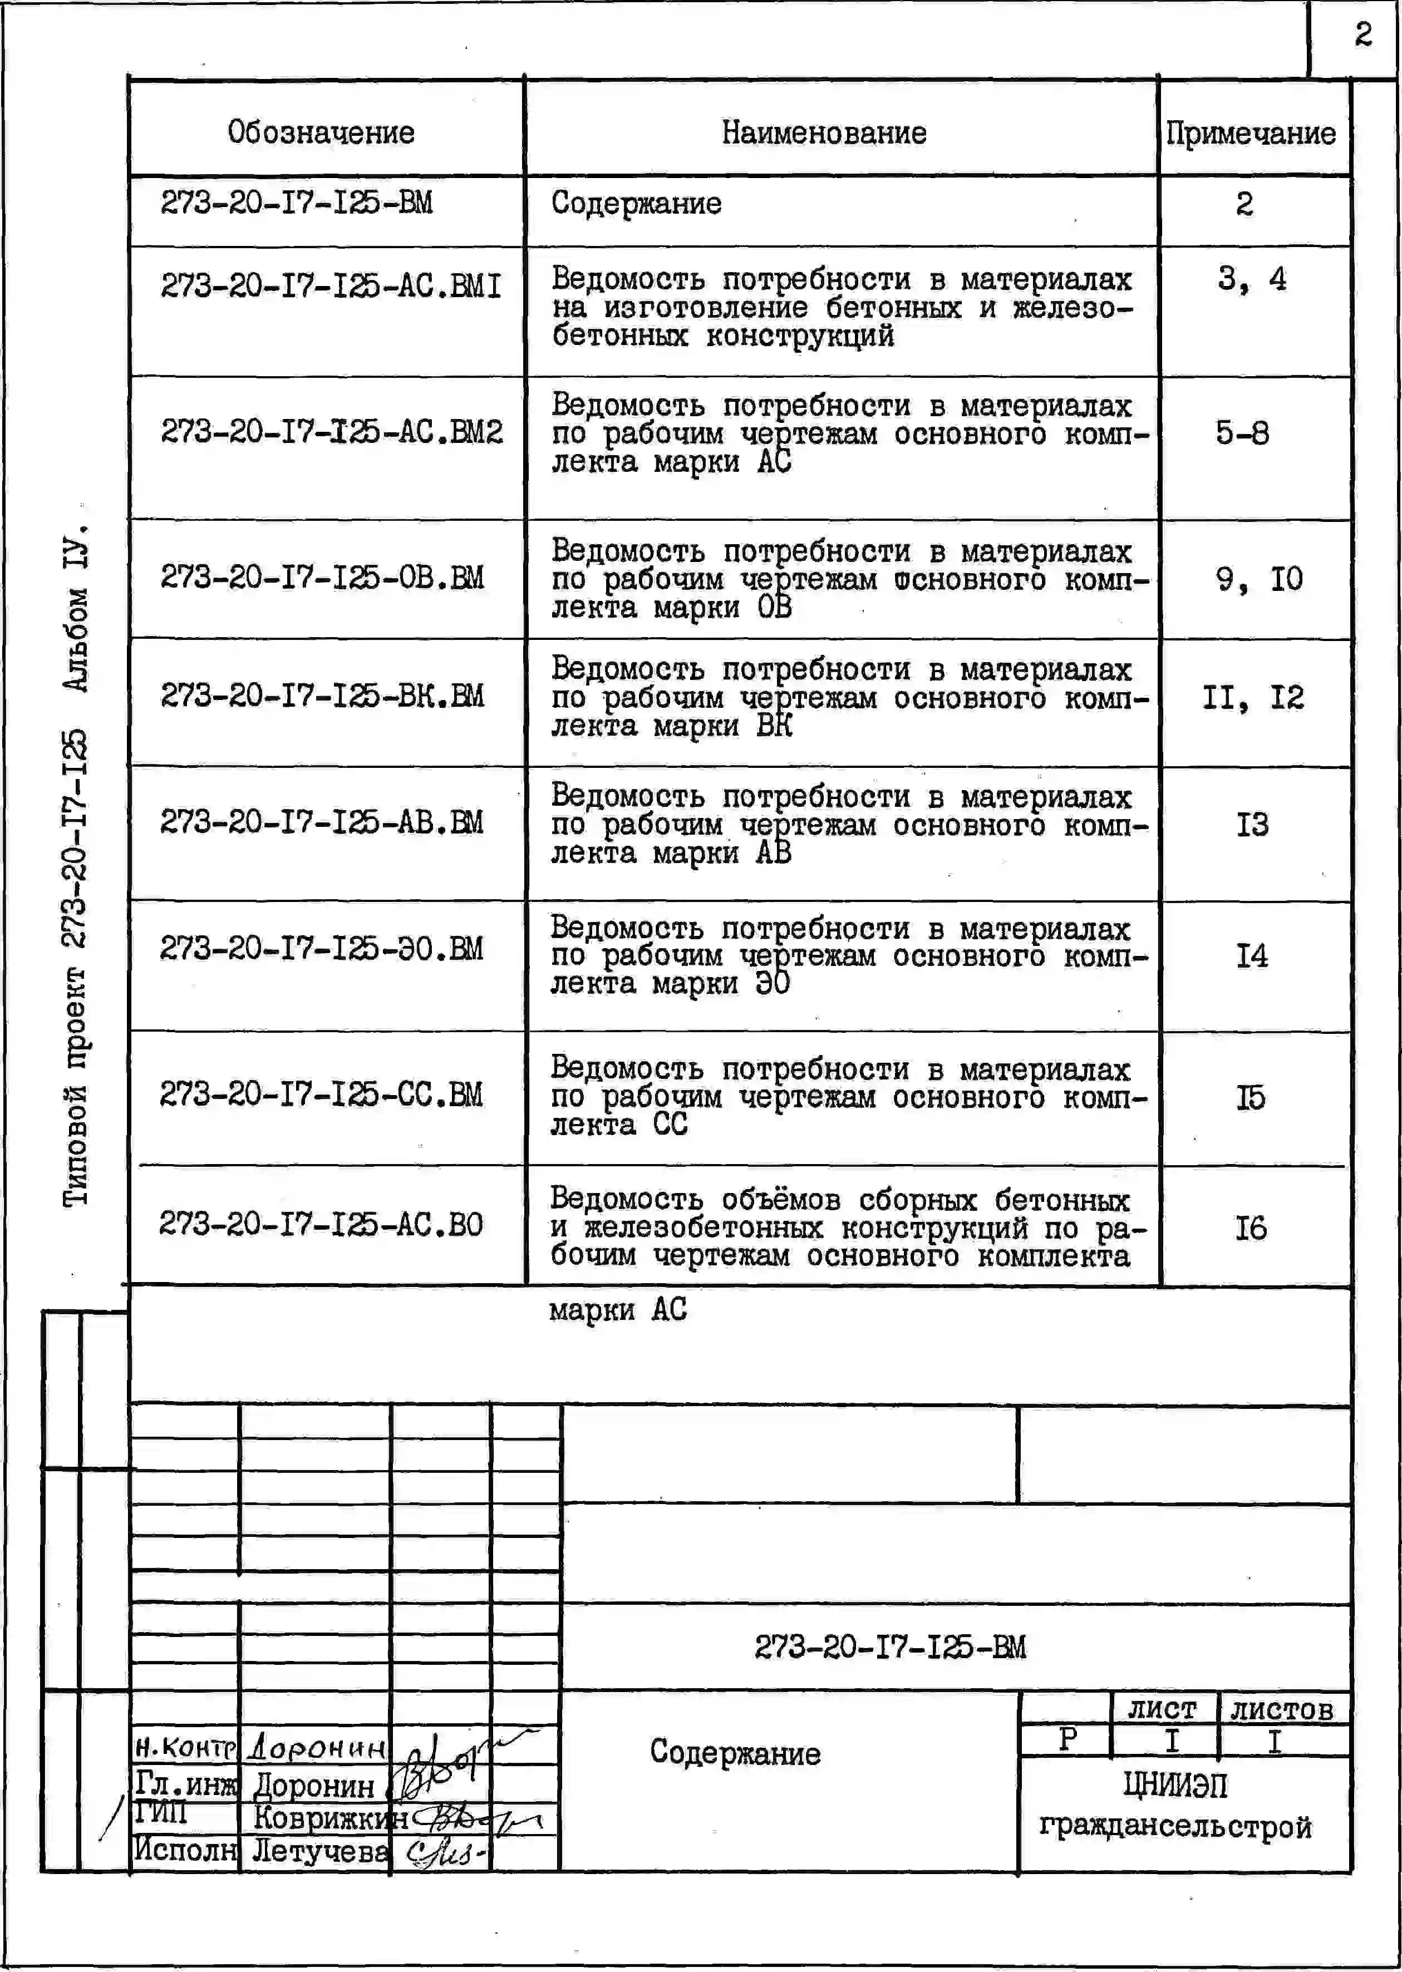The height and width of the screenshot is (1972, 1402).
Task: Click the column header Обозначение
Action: point(321,132)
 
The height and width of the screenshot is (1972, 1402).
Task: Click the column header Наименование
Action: point(824,132)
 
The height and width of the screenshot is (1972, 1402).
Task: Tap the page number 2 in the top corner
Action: point(1362,34)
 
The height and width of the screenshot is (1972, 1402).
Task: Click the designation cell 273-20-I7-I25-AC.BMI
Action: point(331,285)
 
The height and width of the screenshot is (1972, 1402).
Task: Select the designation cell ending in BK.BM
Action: point(322,695)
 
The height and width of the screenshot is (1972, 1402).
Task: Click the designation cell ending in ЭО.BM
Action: point(321,949)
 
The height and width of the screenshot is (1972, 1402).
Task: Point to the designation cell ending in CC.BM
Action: point(321,1095)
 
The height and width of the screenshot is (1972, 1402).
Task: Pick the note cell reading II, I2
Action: point(1253,697)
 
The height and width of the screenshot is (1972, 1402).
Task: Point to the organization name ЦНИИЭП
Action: point(1175,1784)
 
